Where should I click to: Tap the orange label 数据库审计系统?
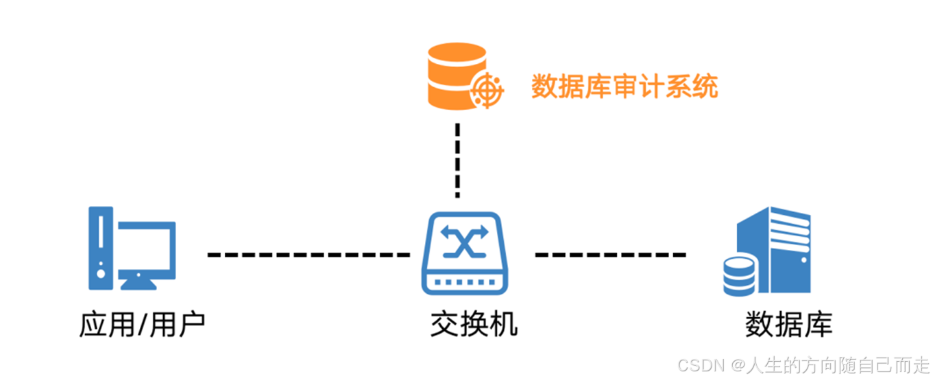click(x=624, y=88)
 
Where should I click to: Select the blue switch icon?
click(x=464, y=253)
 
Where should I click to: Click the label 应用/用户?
click(x=142, y=325)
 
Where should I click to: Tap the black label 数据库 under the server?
click(x=788, y=325)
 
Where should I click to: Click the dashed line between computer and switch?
click(x=308, y=255)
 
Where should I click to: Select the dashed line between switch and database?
click(x=610, y=255)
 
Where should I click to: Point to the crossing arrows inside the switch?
click(x=464, y=242)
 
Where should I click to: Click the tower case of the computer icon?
click(x=100, y=247)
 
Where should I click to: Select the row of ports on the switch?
click(x=464, y=281)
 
